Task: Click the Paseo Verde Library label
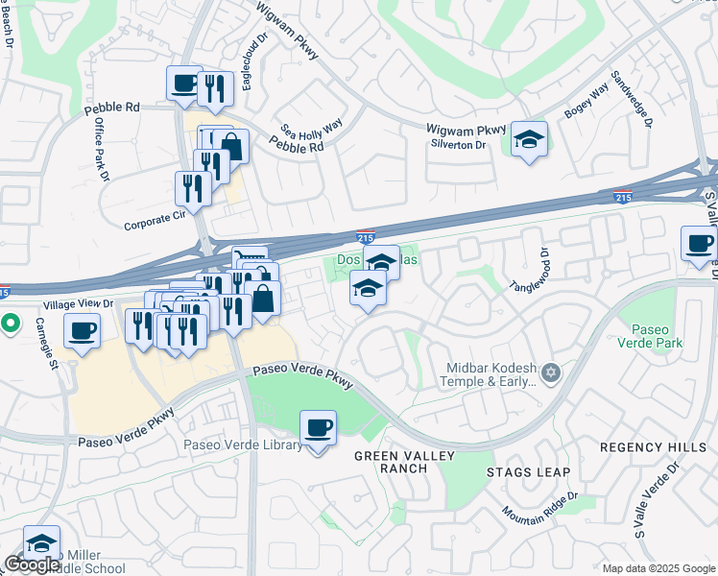pos(244,445)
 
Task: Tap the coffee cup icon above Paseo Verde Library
pos(318,427)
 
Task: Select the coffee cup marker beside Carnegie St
pos(82,332)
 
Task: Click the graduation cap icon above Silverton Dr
pos(529,138)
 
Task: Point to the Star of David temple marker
pos(550,372)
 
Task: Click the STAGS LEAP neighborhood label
pos(528,472)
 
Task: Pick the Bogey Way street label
pos(586,101)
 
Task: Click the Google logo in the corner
pos(32,564)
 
